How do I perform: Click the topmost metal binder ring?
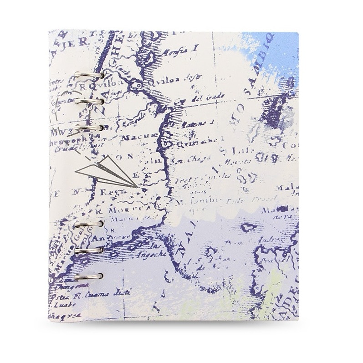click(95, 74)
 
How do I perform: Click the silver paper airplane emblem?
click(107, 175)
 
